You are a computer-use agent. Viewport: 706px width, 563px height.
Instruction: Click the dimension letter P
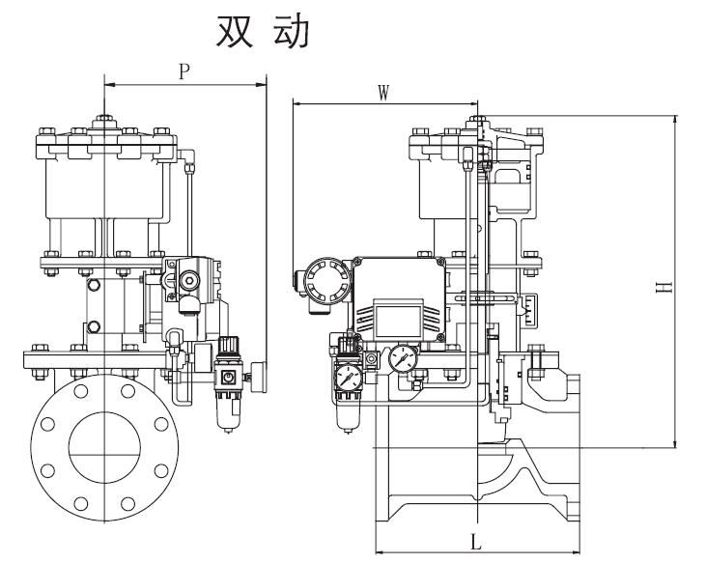click(x=184, y=71)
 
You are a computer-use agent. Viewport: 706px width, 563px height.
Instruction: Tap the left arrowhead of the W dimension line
click(x=297, y=103)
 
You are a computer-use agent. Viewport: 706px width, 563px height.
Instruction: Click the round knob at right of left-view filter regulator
click(x=258, y=373)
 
